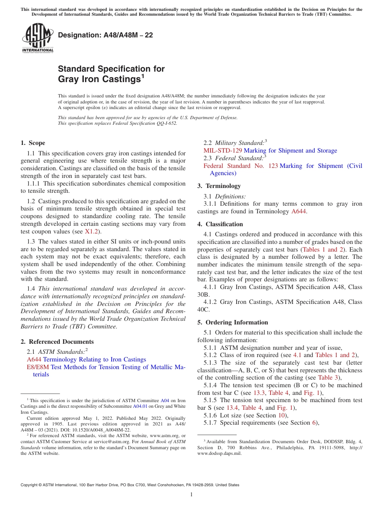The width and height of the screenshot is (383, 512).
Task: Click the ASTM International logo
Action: [37, 38]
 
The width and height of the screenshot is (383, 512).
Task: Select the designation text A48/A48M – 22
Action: [106, 35]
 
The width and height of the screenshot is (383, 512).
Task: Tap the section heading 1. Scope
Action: [33, 143]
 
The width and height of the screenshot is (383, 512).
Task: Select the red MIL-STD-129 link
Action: [223, 151]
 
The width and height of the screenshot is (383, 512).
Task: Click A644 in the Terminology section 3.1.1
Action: [299, 211]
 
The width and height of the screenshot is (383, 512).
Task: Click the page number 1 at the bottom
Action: [191, 494]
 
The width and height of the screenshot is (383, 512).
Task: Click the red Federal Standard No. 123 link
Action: [240, 166]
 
